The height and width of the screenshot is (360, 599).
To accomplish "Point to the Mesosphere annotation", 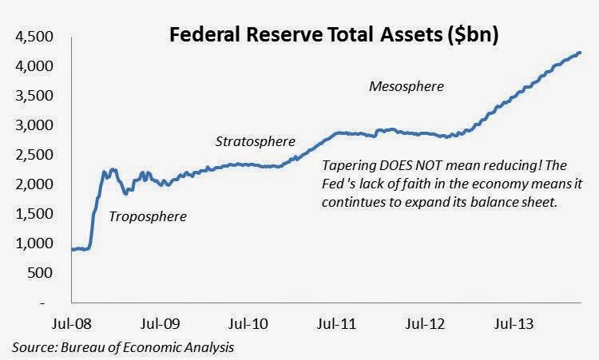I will click(407, 85).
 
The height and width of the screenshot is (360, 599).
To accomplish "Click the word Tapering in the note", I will click(350, 167).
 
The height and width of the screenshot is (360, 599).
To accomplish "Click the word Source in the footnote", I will click(34, 348).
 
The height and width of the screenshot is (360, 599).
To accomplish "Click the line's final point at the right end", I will click(579, 53).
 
